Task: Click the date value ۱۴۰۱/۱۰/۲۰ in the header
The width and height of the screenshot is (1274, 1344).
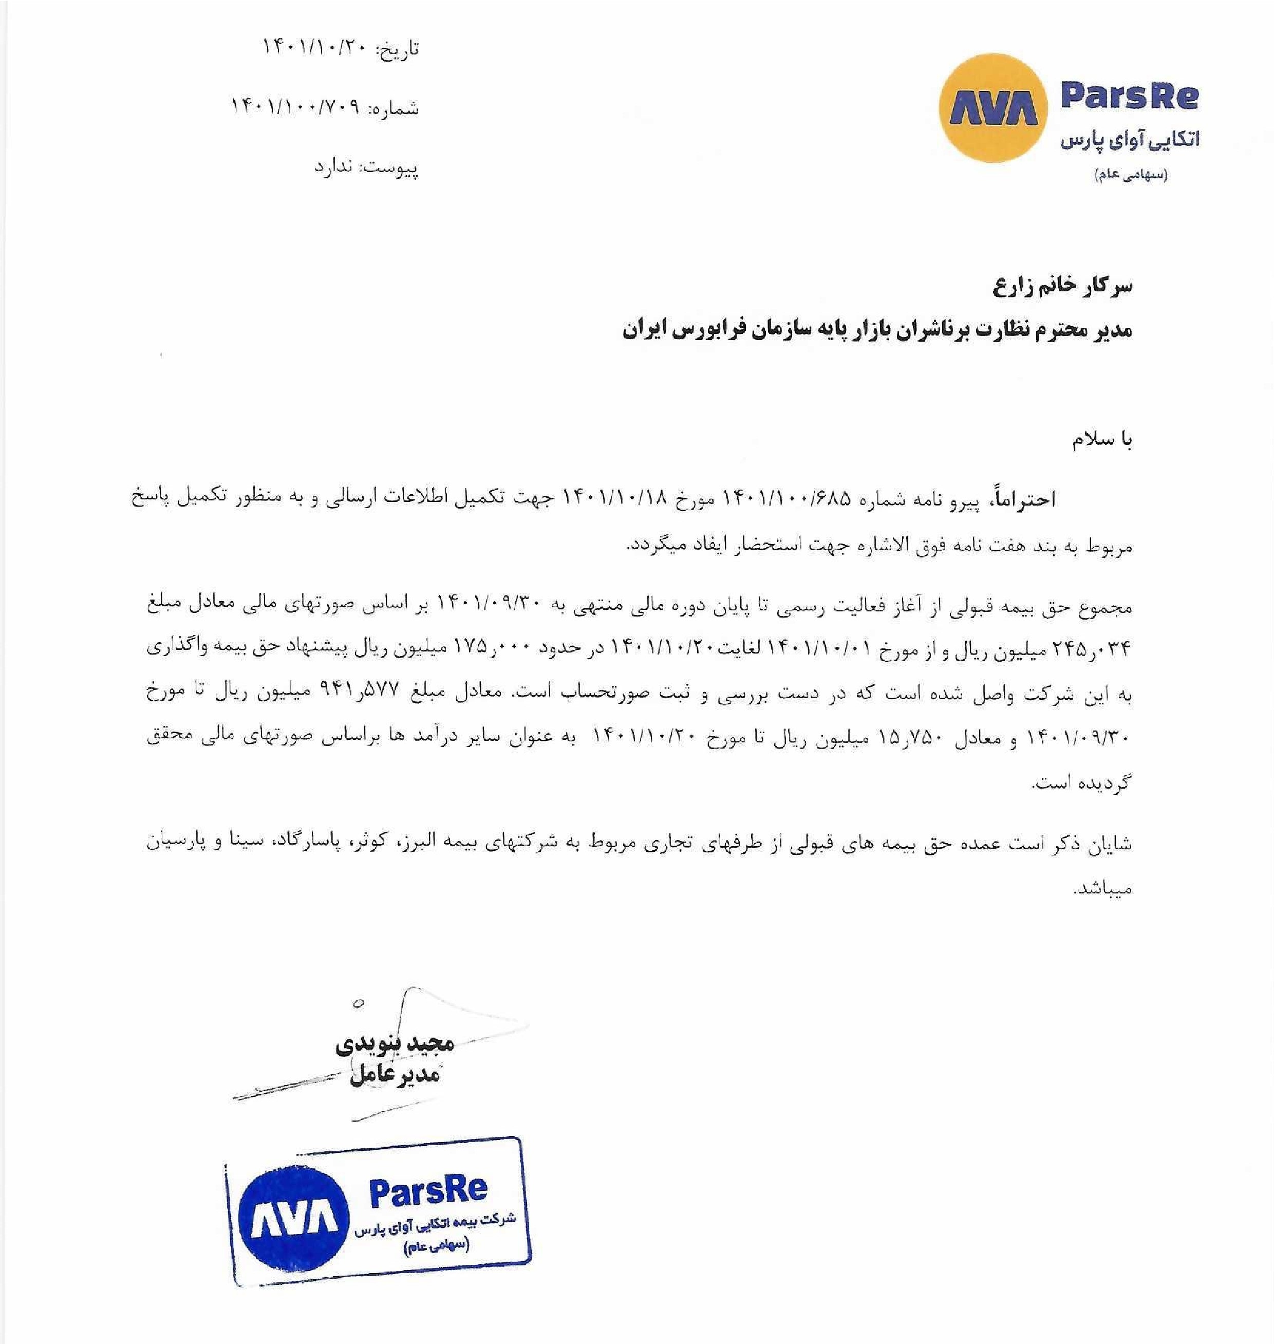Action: click(x=314, y=48)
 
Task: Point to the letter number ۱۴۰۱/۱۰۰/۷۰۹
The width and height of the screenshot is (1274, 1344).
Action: click(x=299, y=107)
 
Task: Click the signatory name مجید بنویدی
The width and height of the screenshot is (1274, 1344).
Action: click(x=395, y=1043)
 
